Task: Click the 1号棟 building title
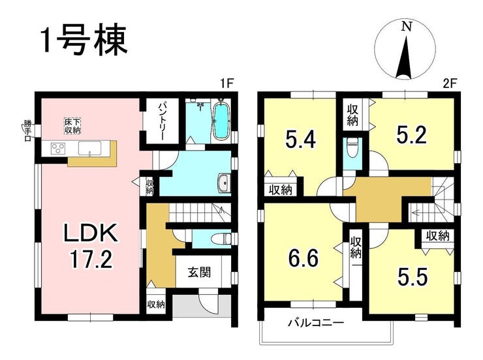pos(84,40)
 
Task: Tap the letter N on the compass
pos(407,27)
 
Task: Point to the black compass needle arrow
pos(405,58)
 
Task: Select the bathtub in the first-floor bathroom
pos(221,121)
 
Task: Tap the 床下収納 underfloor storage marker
pos(72,126)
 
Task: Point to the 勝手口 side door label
pos(27,131)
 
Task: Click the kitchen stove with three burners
pos(58,148)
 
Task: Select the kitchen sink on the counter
pos(90,148)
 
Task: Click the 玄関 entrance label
pos(199,272)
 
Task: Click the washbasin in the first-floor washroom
pos(225,183)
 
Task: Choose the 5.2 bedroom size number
pos(412,135)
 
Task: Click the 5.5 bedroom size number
pos(413,277)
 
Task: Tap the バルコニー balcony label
pos(316,323)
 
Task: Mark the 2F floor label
pos(450,83)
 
